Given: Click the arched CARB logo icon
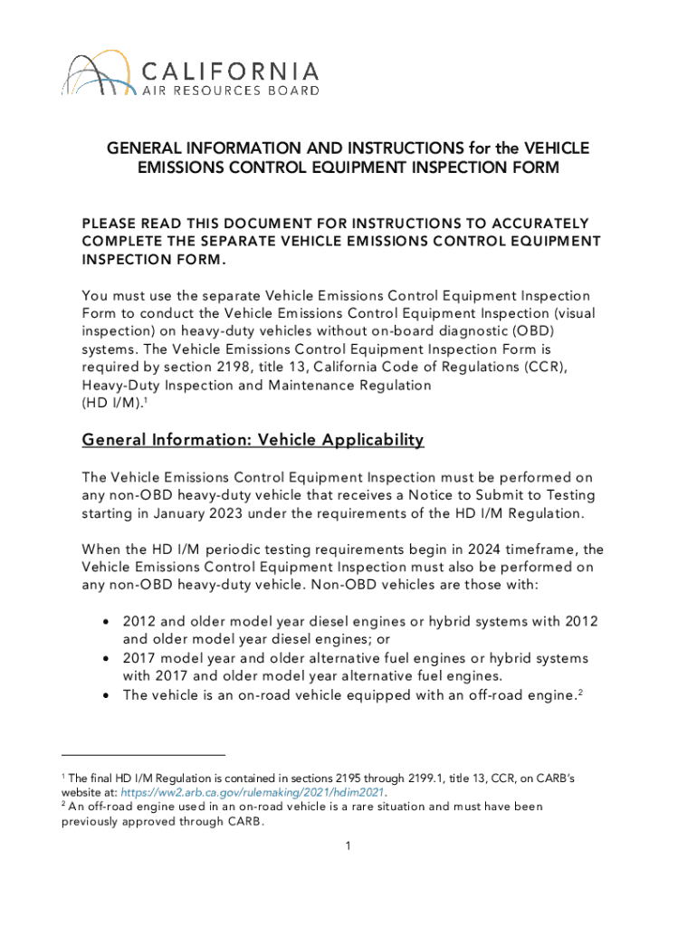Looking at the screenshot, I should click(x=90, y=75).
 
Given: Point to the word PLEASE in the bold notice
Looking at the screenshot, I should click(x=108, y=223).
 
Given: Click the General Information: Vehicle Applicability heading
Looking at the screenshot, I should click(x=253, y=440).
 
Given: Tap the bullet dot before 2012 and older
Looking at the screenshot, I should click(x=108, y=622).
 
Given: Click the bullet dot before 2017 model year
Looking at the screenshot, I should click(x=108, y=658).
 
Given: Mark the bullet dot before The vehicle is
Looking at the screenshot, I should click(x=108, y=694).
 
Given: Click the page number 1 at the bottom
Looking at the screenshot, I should click(x=348, y=846).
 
